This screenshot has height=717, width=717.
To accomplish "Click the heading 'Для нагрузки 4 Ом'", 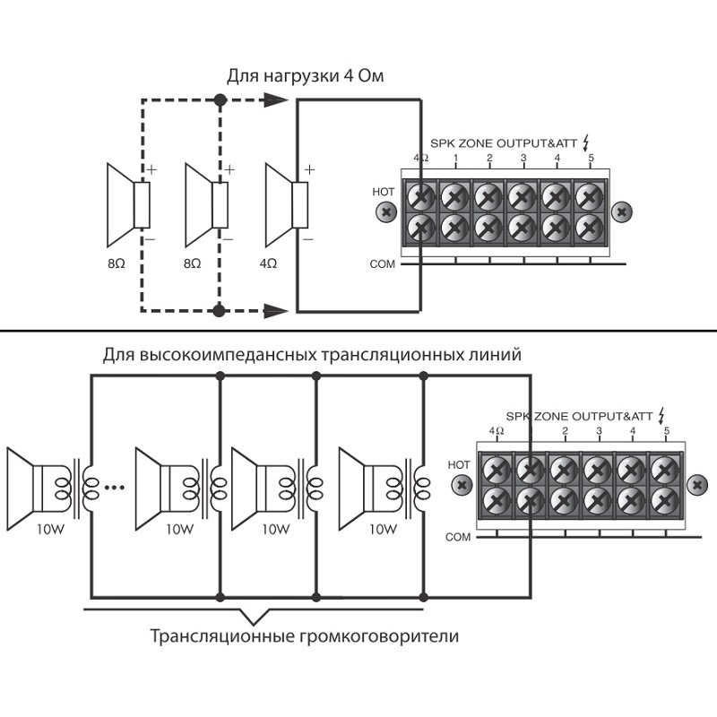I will pos(305,75).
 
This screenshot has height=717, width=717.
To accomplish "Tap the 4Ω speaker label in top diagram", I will pos(267,264).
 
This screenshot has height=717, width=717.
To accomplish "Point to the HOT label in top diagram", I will pos(383,192).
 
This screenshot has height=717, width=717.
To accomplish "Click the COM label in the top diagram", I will pos(383,264).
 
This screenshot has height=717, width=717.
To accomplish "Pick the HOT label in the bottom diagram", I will pos(458,464).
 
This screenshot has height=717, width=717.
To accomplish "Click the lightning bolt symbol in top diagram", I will pos(587,142).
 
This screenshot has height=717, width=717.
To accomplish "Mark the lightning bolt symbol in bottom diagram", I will pos(661,416).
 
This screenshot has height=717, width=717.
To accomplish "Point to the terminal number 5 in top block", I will pos(591,159).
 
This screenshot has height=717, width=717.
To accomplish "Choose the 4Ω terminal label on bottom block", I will pos(497,432).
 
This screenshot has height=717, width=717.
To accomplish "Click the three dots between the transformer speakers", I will pos(114,488).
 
